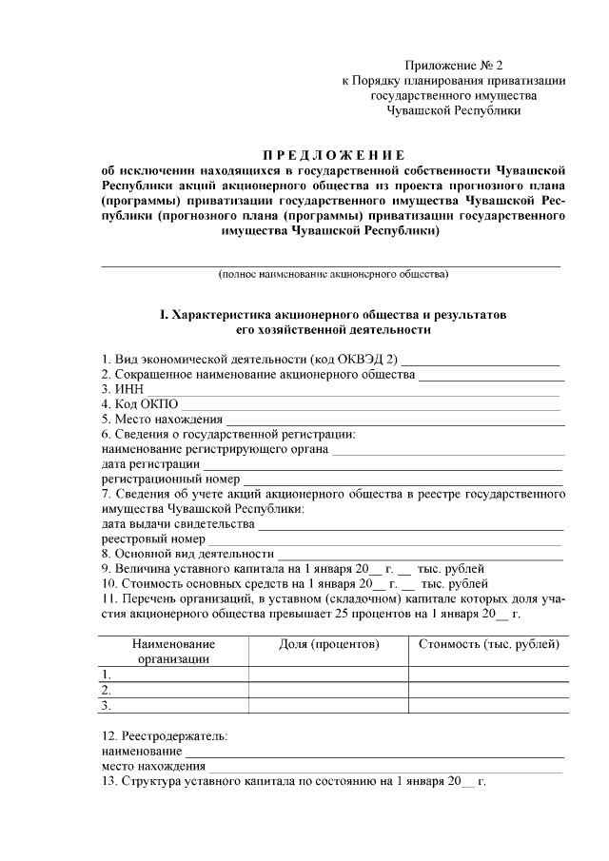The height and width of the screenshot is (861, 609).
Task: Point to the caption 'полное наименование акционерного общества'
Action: [x=333, y=275]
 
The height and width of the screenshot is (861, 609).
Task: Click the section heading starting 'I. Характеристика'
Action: [x=334, y=314]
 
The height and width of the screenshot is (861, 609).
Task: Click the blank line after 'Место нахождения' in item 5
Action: [x=395, y=420]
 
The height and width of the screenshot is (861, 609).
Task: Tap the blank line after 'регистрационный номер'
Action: [x=403, y=479]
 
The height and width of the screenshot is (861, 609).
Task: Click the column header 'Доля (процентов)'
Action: [x=329, y=644]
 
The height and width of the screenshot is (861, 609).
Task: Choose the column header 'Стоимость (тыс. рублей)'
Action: [x=489, y=644]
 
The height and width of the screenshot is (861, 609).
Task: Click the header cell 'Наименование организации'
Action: [x=173, y=651]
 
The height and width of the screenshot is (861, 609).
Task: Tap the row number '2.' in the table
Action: [x=108, y=690]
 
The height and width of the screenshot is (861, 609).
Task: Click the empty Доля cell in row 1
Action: [x=329, y=675]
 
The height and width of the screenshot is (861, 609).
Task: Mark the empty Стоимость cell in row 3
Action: [x=489, y=706]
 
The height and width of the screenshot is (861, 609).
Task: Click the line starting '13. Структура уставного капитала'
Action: [x=294, y=781]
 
